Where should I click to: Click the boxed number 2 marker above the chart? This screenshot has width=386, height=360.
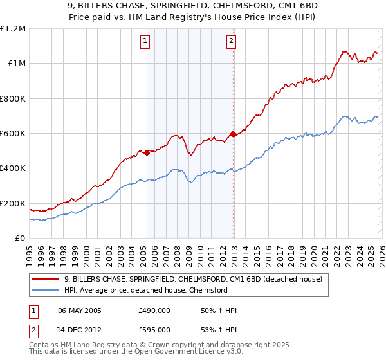(x=230, y=42)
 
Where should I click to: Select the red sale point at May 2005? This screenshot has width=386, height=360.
(x=147, y=152)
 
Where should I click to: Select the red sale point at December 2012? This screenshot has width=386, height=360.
(x=234, y=134)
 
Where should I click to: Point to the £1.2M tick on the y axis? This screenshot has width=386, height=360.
(x=13, y=29)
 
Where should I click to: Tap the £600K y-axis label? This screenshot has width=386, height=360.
(x=13, y=134)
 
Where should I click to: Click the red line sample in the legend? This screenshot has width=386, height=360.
(x=46, y=279)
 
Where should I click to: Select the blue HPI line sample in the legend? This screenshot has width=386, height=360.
(x=46, y=290)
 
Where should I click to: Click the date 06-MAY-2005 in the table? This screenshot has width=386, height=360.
(x=80, y=310)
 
